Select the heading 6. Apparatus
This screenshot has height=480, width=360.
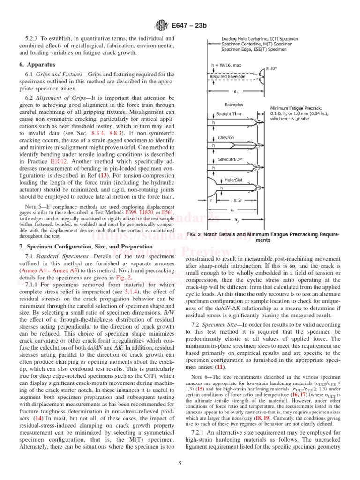click(37, 64)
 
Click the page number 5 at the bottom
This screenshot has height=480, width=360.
click(180, 464)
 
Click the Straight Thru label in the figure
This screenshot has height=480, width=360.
click(230, 114)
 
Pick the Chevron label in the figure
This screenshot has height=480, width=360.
click(226, 138)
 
